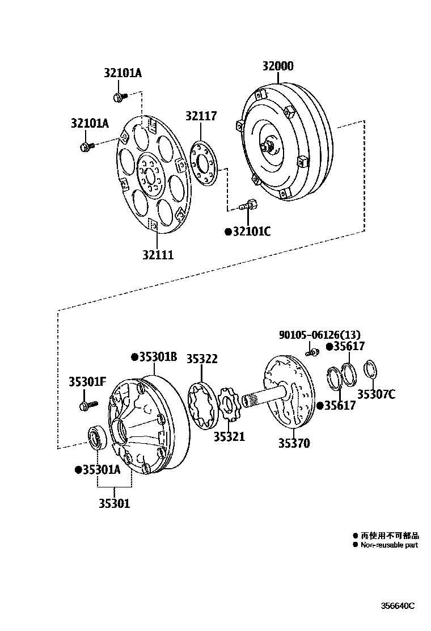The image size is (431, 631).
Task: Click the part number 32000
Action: [277, 66]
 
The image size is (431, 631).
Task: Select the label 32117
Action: [201, 116]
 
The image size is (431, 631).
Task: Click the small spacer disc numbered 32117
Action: [204, 164]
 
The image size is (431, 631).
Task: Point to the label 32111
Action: [158, 255]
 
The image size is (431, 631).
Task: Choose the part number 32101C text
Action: [251, 232]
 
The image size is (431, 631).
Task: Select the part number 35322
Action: [202, 359]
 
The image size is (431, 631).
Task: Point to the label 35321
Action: [229, 436]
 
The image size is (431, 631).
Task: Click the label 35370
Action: [294, 443]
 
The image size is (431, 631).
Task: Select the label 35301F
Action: [87, 382]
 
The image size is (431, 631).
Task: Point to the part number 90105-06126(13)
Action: [319, 335]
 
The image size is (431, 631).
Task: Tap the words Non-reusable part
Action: [389, 545]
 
